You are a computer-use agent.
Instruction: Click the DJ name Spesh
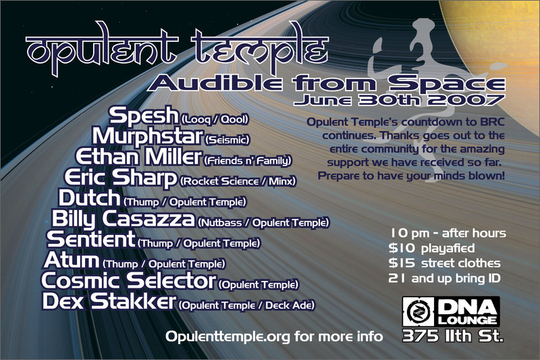[144, 115]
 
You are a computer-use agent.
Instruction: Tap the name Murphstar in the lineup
[147, 136]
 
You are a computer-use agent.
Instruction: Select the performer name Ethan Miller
[138, 157]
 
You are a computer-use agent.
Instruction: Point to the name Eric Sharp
[121, 178]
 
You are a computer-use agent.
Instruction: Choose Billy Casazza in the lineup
[124, 219]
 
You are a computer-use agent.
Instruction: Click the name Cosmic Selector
[128, 280]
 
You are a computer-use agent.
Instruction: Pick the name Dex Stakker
[109, 301]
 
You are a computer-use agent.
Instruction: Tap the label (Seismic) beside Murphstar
[227, 140]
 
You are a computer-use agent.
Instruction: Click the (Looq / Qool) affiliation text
[214, 120]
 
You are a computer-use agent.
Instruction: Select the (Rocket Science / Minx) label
[238, 181]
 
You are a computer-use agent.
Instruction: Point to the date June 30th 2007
[399, 100]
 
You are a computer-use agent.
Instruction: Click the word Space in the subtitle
[447, 82]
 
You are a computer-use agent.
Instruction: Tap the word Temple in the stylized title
[259, 49]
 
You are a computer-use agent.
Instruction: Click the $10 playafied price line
[431, 248]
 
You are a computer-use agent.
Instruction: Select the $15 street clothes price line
[444, 263]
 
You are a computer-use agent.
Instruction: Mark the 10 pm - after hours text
[448, 233]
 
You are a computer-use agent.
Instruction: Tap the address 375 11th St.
[453, 336]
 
